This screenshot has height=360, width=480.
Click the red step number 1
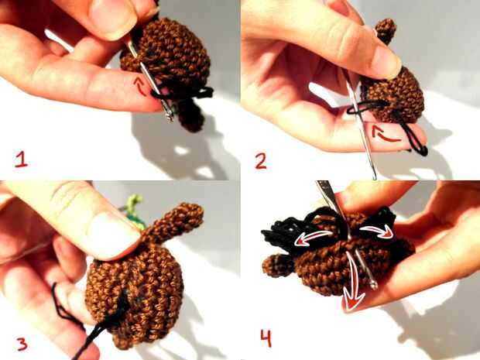click(x=22, y=160)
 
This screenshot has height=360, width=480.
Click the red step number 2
click(x=261, y=161)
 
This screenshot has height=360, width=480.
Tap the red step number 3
click(x=22, y=344)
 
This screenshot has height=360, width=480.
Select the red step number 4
click(x=266, y=338)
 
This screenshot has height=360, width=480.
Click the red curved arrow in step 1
click(x=140, y=87)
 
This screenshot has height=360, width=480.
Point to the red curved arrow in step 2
click(x=383, y=134)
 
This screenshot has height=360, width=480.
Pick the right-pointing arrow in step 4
click(x=377, y=231)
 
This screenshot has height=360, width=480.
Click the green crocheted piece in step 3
click(x=135, y=211)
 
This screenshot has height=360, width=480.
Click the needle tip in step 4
click(x=373, y=286)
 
